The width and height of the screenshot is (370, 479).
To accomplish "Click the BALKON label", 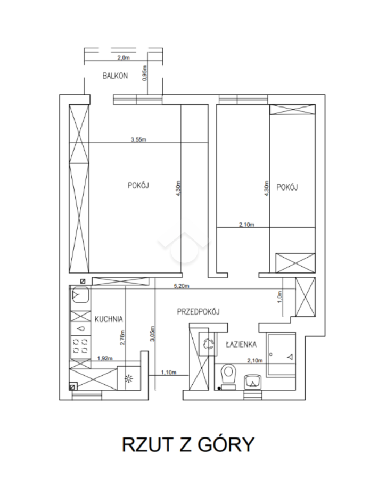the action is pos(115,76).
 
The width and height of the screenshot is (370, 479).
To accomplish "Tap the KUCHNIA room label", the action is pos(109,319).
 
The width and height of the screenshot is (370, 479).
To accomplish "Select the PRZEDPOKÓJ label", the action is pos(198,311).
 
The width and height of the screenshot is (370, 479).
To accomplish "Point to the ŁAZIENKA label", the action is pos(241,344).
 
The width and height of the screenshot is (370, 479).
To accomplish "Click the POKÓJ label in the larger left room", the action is pos(138,185).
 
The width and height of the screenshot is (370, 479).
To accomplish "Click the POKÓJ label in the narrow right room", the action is pos(287,187).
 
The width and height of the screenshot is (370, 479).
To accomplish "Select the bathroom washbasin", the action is pos(252,381).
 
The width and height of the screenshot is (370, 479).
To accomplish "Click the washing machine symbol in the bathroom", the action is pos(208,344).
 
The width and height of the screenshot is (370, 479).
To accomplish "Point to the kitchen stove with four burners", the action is pos(81,346).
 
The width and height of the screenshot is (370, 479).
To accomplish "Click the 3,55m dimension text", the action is pos(138,139).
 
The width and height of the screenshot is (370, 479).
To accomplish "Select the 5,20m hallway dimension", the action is pos(181,286).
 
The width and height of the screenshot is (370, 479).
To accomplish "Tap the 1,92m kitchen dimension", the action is pos(105,358).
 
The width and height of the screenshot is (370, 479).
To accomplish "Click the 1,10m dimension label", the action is pos(169,373).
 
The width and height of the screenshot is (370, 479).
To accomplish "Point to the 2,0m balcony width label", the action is pos(124,57).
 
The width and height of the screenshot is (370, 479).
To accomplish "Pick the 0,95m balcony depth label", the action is pos(144,73).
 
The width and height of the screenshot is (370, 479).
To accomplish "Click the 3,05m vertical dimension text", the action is pos(153,334).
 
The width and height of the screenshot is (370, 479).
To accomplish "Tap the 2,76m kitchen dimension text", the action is pos(122,337).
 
